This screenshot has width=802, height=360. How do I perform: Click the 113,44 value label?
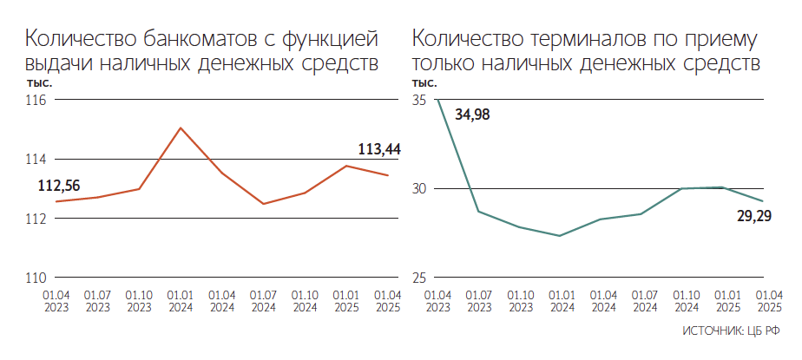click(x=379, y=150)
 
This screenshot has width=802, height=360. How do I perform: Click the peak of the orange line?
click(x=181, y=128)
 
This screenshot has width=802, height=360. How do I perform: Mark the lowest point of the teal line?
click(x=560, y=236)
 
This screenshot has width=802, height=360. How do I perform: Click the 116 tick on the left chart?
click(x=37, y=101)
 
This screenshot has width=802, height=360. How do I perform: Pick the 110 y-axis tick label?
click(x=37, y=278)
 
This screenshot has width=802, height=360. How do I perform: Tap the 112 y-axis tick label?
click(x=37, y=219)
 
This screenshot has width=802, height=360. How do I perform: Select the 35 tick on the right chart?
click(x=419, y=101)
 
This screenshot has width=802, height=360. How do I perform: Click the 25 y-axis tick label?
click(x=419, y=278)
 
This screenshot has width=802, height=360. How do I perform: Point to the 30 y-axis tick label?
click(x=419, y=189)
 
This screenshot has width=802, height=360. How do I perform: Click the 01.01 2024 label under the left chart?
click(x=181, y=301)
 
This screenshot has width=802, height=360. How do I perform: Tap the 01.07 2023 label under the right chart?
click(x=479, y=301)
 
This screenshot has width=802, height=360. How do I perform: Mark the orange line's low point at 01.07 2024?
click(x=263, y=204)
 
